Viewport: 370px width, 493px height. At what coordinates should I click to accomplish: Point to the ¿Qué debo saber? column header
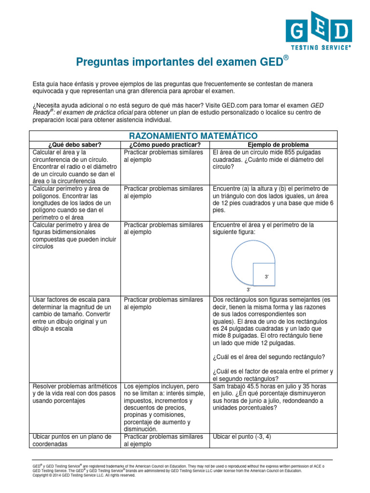[x=75, y=145]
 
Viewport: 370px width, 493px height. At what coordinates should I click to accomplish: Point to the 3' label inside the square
[x=267, y=277]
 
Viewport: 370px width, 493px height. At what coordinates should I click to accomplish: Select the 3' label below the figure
[x=249, y=290]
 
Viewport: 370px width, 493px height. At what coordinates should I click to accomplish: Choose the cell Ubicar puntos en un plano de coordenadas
[x=74, y=441]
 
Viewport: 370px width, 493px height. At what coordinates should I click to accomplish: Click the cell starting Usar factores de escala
[x=74, y=314]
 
